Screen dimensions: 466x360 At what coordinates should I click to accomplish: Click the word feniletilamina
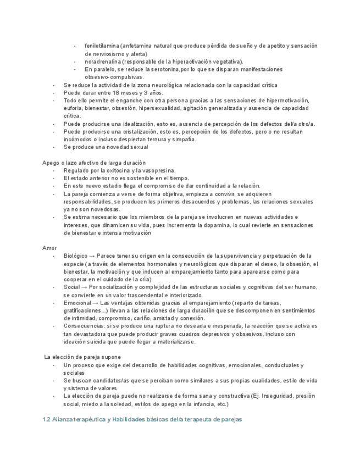tap(103, 46)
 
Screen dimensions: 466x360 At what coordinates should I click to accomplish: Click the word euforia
tap(73, 108)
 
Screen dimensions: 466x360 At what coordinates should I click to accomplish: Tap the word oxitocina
tap(121, 170)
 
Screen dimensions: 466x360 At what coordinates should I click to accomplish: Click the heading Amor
tap(49, 248)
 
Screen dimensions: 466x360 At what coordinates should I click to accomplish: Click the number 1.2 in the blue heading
tap(46, 420)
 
